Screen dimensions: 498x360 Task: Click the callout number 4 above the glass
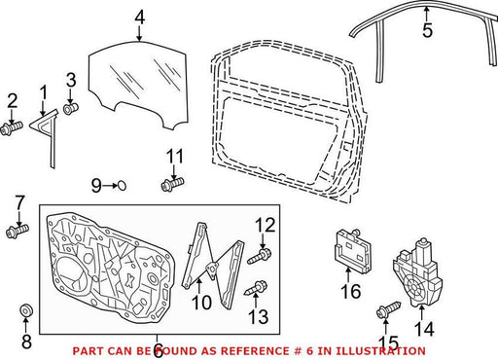pyautogui.click(x=139, y=18)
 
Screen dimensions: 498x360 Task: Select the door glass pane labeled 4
pyautogui.click(x=139, y=85)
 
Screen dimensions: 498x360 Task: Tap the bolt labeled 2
pyautogui.click(x=12, y=127)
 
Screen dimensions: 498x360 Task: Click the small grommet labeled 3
pyautogui.click(x=71, y=108)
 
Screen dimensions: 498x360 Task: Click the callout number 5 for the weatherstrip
pyautogui.click(x=427, y=30)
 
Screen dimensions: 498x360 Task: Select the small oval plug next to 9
pyautogui.click(x=122, y=186)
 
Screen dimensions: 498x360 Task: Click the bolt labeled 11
pyautogui.click(x=172, y=184)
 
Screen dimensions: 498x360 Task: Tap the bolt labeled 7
pyautogui.click(x=18, y=231)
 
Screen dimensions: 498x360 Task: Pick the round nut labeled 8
pyautogui.click(x=26, y=309)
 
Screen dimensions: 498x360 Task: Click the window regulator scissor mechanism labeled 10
pyautogui.click(x=212, y=265)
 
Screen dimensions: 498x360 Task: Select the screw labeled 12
pyautogui.click(x=260, y=256)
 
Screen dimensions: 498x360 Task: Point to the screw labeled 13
pyautogui.click(x=256, y=288)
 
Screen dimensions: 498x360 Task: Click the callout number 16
pyautogui.click(x=350, y=291)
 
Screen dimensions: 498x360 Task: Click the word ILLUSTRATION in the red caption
pyautogui.click(x=380, y=351)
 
